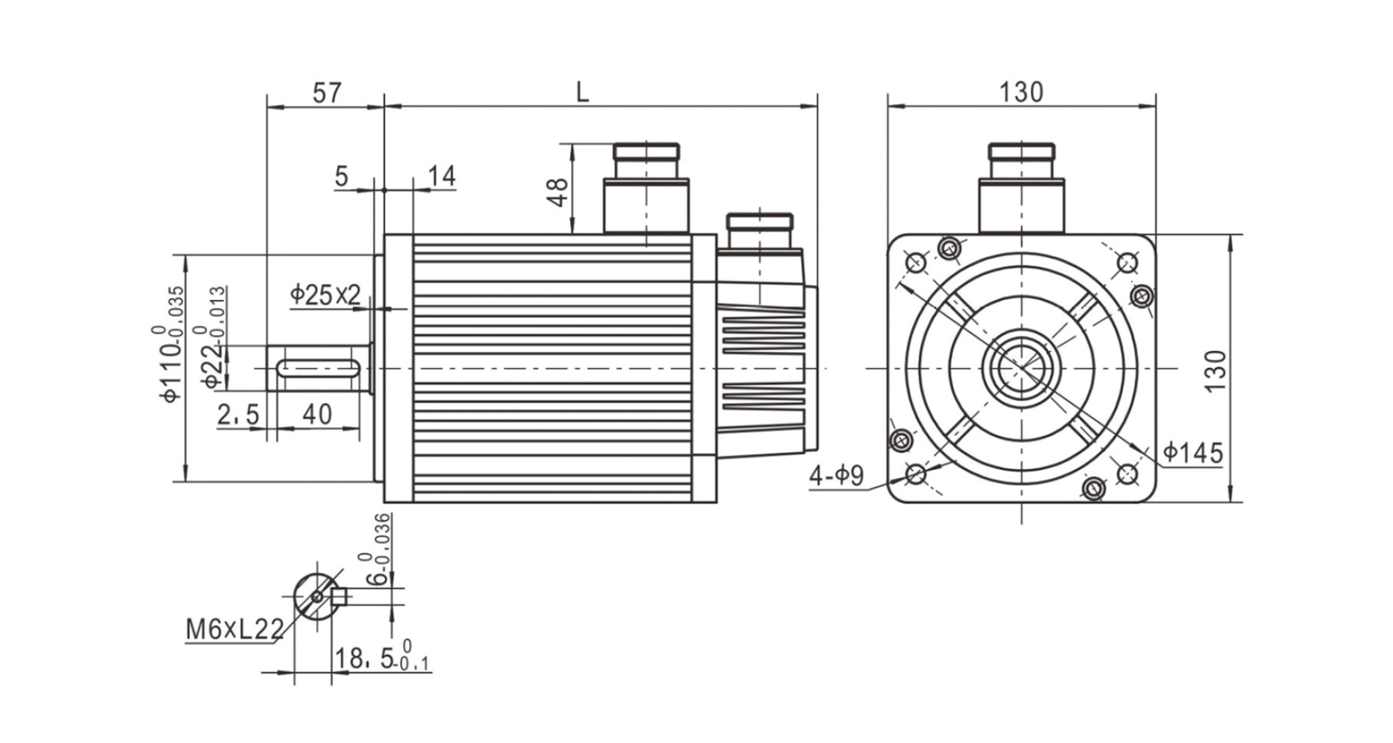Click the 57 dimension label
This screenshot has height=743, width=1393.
[x=327, y=92]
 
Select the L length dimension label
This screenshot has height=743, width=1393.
[x=582, y=91]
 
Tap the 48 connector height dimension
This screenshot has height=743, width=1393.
[x=558, y=191]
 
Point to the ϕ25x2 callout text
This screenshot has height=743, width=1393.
[x=325, y=295]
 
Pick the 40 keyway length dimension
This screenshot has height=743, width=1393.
[x=318, y=414]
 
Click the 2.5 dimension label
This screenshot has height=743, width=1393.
[x=238, y=414]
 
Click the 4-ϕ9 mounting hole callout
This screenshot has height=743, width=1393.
[x=837, y=476]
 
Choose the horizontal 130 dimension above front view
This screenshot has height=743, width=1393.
[x=1021, y=92]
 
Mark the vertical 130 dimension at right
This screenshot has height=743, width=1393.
[x=1216, y=370]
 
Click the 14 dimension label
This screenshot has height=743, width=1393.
[x=442, y=176]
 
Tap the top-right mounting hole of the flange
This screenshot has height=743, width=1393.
[x=1126, y=263]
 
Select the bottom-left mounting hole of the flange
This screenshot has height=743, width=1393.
[x=915, y=475]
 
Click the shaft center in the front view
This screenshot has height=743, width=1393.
[x=1021, y=369]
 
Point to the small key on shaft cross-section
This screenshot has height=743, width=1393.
[x=339, y=595]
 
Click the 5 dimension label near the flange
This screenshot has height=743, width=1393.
[x=342, y=176]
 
